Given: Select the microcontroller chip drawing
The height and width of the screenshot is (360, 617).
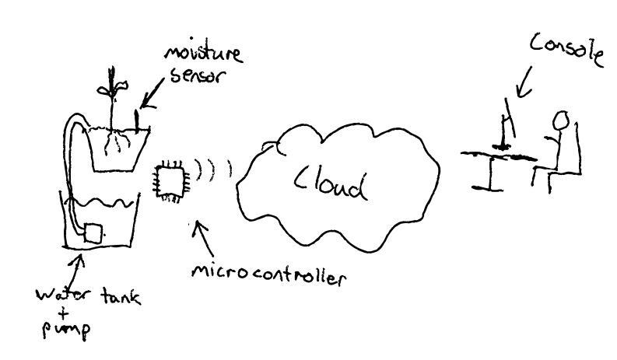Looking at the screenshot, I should click(x=170, y=178).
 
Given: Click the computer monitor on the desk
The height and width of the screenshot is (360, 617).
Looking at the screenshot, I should click(x=507, y=124).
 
